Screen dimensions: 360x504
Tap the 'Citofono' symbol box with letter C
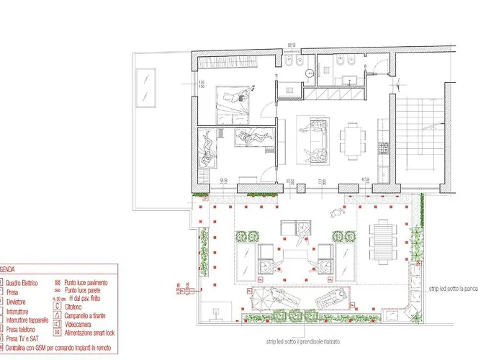coord(57,306)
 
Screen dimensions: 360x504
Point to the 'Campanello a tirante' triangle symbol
coord(57,314)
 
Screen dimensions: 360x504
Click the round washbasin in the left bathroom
coord(307,72)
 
